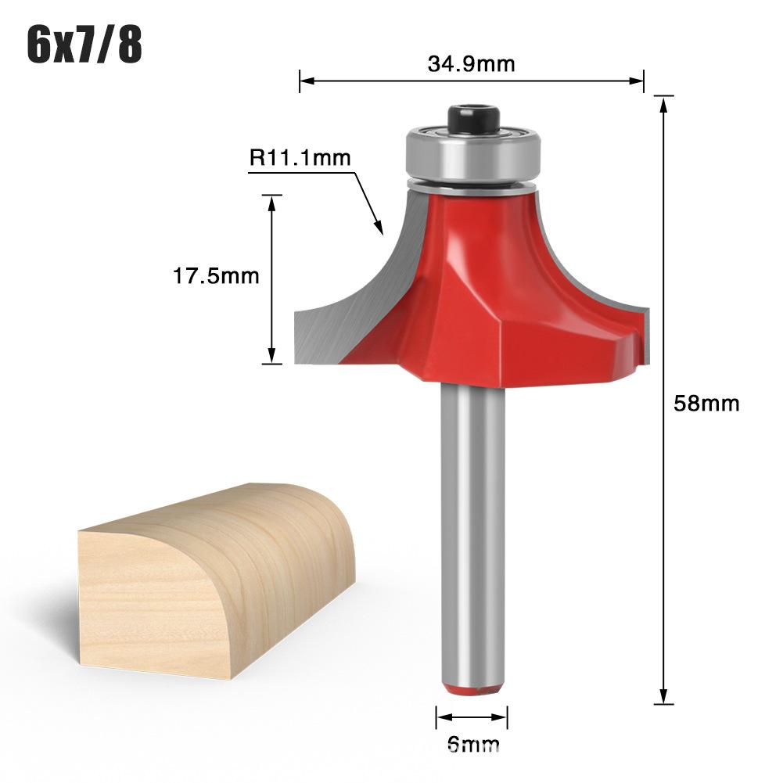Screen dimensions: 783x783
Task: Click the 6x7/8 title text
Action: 85,45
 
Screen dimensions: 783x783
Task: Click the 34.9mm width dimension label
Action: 471,64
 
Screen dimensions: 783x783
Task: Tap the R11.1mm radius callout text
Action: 300,159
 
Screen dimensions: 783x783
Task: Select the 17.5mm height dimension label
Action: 216,276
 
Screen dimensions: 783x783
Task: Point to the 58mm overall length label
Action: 706,404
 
